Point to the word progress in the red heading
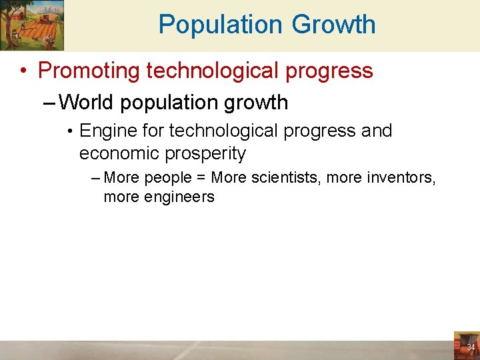tap(329, 70)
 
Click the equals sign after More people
tap(199, 178)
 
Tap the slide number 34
tap(470, 347)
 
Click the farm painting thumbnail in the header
tap(33, 25)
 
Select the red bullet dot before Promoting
tap(24, 71)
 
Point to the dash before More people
tap(95, 178)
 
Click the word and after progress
tap(376, 131)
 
